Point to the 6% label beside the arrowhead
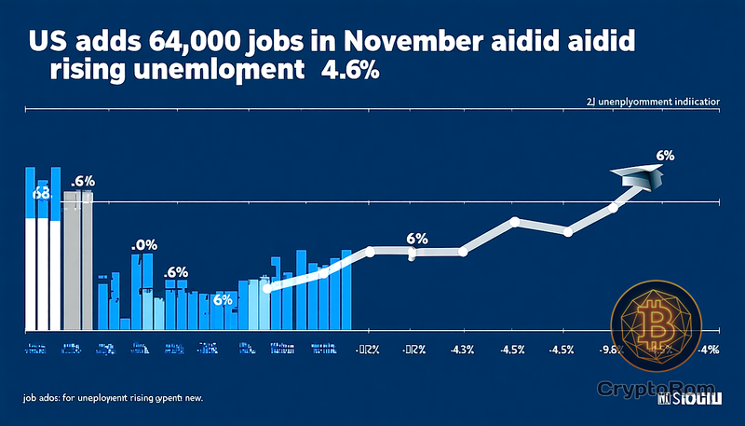click(665, 156)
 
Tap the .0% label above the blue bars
click(143, 245)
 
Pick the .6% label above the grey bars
click(84, 180)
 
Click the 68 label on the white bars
click(40, 194)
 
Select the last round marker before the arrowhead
click(613, 208)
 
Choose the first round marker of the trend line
click(267, 289)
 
